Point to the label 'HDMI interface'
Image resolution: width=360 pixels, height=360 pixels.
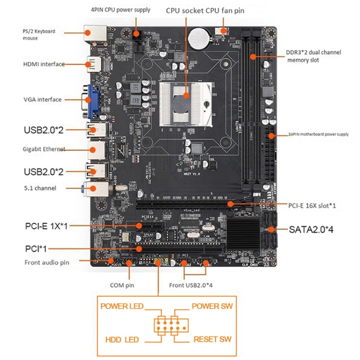(x=44, y=64)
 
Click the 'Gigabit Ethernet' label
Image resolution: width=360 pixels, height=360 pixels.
(x=44, y=149)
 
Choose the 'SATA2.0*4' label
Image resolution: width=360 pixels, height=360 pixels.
(x=311, y=229)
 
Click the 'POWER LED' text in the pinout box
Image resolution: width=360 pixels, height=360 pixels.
(x=120, y=306)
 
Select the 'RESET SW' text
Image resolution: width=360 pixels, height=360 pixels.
(x=212, y=339)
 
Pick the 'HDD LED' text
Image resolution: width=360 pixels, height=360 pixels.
(x=122, y=340)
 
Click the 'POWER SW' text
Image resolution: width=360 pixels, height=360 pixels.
(x=212, y=306)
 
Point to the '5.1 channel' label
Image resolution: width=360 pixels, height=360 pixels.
(x=39, y=188)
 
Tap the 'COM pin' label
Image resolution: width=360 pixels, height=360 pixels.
(x=122, y=285)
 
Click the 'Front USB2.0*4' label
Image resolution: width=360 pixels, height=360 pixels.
(x=191, y=285)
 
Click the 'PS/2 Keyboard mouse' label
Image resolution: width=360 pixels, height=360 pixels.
(x=38, y=34)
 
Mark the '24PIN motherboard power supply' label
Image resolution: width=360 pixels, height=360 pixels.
(x=318, y=134)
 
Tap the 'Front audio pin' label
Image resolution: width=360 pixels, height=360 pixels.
(x=47, y=263)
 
